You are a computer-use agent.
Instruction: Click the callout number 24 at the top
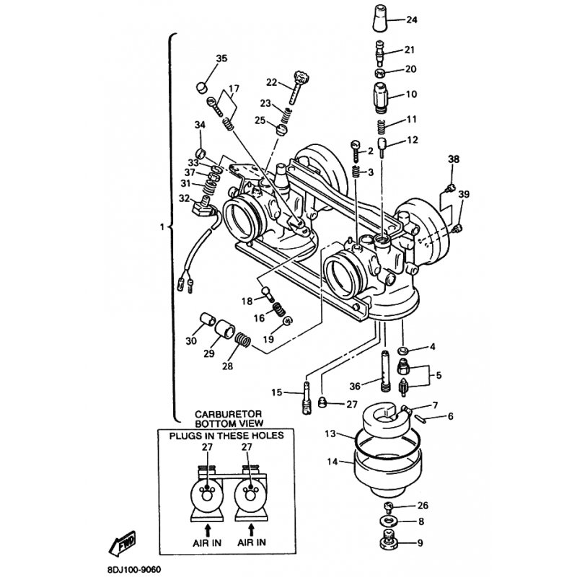(x=412, y=19)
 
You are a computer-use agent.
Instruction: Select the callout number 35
(x=221, y=58)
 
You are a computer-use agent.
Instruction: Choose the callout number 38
(x=454, y=159)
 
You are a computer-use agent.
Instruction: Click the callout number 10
(x=412, y=94)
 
